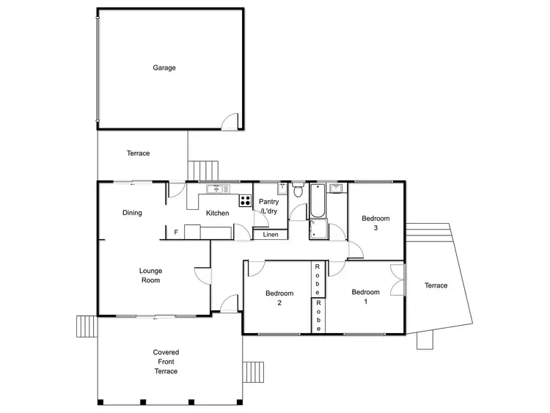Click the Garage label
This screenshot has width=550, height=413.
164,67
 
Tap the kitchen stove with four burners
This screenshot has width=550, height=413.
244,200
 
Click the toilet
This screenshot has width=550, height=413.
298,192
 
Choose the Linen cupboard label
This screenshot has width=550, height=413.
271,235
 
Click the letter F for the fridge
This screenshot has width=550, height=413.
176,233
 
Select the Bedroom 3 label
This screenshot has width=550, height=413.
375,223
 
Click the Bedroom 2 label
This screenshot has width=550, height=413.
279,298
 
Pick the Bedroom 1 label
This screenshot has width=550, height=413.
365,296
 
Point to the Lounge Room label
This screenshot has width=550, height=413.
150,275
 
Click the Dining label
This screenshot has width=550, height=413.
132,213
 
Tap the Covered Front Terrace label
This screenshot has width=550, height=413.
166,362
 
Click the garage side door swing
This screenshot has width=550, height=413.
231,122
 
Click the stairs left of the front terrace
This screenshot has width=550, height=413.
86,324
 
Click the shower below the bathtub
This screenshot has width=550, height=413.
318,230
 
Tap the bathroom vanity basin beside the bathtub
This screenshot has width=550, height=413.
337,189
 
